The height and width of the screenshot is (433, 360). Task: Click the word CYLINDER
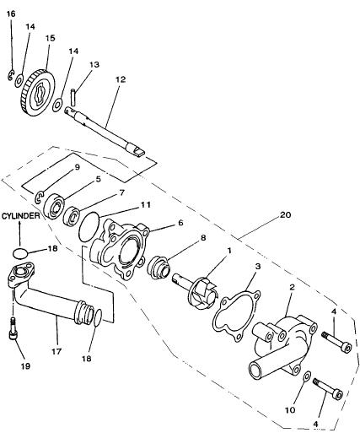coord(21,216)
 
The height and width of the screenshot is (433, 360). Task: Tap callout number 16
coord(11,14)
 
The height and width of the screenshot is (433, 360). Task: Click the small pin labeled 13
coord(73,97)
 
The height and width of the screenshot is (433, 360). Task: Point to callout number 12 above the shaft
coord(120,79)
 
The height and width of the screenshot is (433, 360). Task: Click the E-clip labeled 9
coord(40,197)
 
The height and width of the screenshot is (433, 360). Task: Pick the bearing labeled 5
coord(54,206)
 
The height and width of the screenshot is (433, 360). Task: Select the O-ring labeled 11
coord(89,227)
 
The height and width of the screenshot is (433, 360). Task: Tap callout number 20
coord(285,215)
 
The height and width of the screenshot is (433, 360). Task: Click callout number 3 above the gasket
coord(258,266)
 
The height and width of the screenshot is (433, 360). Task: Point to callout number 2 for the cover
coord(292,287)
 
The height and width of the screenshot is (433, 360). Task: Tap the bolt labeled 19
coord(13,329)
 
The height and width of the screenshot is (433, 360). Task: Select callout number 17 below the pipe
coord(56,352)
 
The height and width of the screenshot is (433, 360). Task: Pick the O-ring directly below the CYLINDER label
coord(20,253)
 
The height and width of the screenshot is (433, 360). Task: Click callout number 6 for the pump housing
coord(180,223)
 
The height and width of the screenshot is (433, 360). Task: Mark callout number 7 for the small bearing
coord(121,193)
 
